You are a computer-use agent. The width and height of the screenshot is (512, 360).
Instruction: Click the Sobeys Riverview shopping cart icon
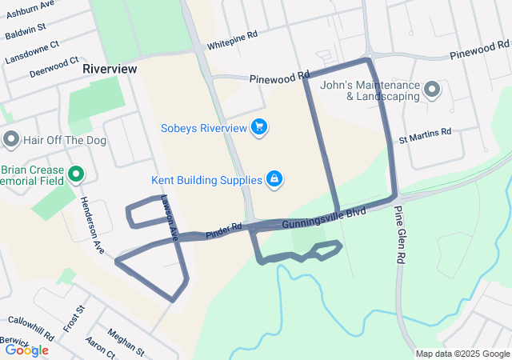point(258,127)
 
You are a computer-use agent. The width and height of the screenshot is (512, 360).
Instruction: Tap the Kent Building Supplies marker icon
point(274,179)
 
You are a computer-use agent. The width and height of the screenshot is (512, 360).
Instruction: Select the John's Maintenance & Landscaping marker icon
point(432,90)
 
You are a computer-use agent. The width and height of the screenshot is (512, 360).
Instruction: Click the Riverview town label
point(110,69)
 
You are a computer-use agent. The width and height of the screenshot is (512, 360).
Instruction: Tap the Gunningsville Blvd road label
point(324,217)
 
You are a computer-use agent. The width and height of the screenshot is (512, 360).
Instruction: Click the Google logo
point(26,350)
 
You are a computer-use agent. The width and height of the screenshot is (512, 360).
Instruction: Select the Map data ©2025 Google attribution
point(462,354)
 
